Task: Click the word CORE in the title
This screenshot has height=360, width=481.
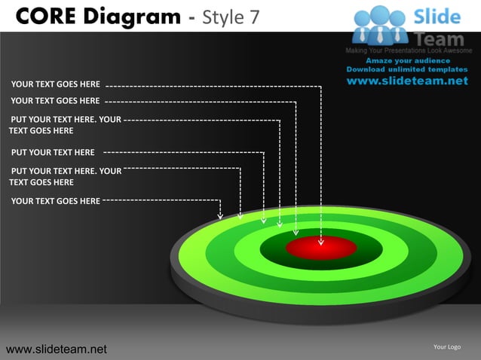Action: [44, 16]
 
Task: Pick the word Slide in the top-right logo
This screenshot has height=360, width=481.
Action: [438, 17]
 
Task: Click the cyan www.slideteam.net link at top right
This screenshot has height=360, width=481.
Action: [408, 81]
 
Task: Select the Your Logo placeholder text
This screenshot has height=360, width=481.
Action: [447, 346]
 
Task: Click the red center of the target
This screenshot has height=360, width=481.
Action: [321, 248]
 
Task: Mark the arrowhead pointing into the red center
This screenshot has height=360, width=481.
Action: [320, 242]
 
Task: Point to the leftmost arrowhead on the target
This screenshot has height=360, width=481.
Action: [220, 215]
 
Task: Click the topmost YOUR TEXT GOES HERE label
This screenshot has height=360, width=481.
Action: [56, 84]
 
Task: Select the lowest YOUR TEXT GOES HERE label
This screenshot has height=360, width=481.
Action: [56, 201]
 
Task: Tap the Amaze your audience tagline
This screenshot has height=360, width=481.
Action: [408, 61]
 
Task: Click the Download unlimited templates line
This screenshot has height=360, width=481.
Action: [407, 69]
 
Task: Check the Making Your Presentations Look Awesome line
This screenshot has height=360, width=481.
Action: [407, 50]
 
